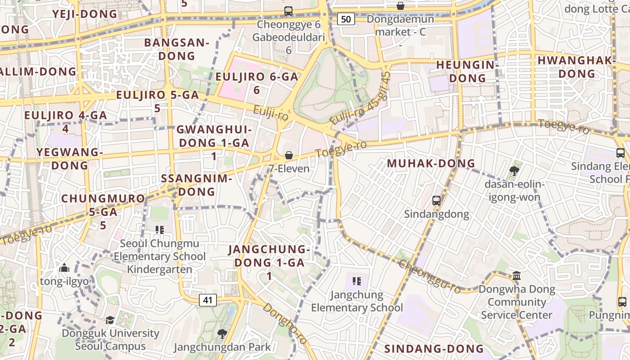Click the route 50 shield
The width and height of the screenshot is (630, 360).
pos(346,19)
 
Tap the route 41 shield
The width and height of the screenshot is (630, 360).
pos(208,300)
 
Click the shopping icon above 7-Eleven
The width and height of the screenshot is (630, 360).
pos(289,155)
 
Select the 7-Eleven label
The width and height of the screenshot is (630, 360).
pos(289,169)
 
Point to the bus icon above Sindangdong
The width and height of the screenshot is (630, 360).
pos(436,201)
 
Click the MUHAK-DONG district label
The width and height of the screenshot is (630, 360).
pos(431,163)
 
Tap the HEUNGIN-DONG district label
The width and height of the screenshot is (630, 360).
pos(468,72)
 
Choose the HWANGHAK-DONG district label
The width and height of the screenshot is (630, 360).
pos(577,67)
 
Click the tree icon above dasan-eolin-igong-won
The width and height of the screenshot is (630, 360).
pos(514,171)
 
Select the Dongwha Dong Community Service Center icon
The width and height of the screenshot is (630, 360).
pos(517,275)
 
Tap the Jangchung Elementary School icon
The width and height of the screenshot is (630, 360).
pos(357,282)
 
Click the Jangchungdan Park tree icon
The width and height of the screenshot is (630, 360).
pos(221,333)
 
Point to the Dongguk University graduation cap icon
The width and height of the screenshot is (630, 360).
pos(110,320)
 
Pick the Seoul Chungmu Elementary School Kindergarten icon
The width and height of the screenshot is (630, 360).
pos(159,230)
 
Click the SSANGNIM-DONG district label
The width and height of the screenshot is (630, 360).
pos(197,185)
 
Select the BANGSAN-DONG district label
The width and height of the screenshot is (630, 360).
pos(177,49)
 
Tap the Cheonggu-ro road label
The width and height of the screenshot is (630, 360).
pos(430,276)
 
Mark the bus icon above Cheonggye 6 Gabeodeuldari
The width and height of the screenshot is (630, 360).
pos(288,11)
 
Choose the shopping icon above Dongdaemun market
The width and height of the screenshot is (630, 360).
pos(400,5)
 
